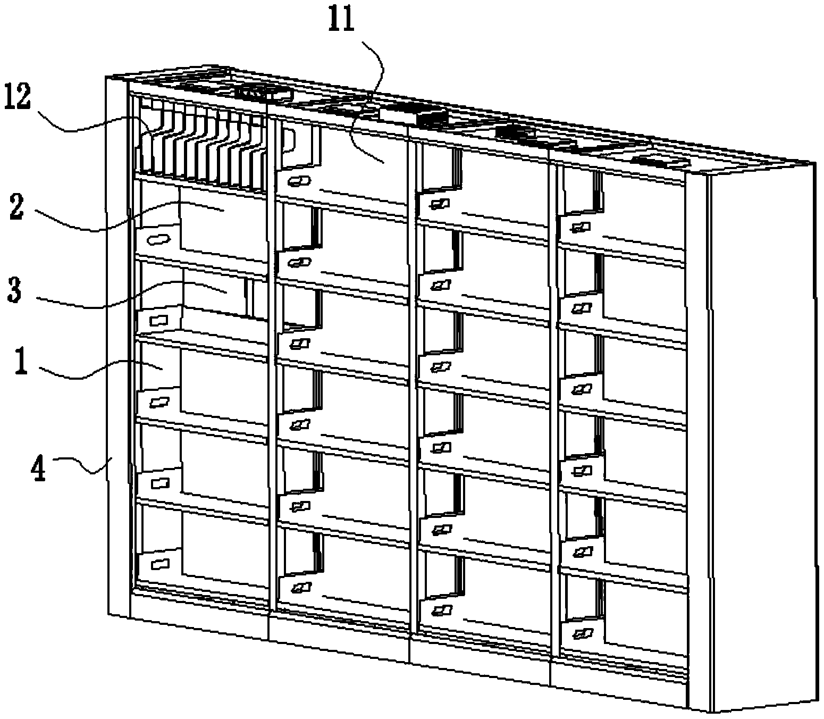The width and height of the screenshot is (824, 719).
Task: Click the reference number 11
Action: coord(341,19)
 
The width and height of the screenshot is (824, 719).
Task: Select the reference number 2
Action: coord(16,208)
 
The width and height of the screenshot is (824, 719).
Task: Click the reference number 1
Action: coord(21,364)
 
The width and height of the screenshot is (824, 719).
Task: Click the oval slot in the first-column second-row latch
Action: coord(158,240)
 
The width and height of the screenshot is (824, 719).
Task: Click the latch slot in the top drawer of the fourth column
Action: coord(581,228)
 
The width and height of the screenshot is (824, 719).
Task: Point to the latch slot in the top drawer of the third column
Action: coord(440,204)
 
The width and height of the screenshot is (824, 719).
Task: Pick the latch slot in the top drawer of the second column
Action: coord(299,181)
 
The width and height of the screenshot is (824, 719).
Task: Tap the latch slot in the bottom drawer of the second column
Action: coord(300,588)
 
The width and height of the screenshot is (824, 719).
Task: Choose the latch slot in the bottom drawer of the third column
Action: coord(441,611)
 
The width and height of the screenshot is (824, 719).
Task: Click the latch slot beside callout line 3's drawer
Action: coord(158,321)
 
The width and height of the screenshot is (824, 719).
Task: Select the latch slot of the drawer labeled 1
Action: coord(158,402)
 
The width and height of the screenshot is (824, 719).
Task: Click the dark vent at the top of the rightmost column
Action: coord(660,162)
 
